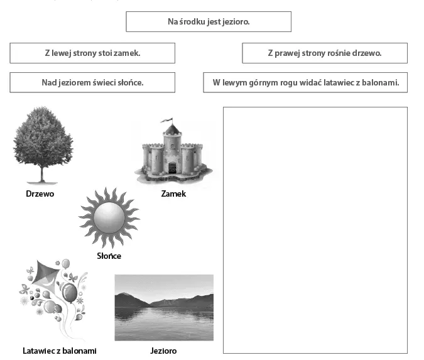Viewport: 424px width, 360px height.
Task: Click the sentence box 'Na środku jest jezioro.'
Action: pos(209,21)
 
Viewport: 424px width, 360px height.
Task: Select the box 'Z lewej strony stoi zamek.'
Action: pos(92,53)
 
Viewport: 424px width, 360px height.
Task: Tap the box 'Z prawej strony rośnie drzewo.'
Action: pos(324,53)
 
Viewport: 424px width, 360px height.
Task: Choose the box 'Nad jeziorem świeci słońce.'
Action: pos(92,82)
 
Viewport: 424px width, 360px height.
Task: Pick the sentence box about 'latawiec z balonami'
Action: pos(305,82)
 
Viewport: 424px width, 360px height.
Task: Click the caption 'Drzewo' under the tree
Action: pos(40,194)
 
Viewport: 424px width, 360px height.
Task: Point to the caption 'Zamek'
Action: pos(173,194)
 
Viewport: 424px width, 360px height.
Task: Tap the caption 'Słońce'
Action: pos(109,256)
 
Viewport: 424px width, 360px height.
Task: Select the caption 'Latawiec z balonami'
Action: pos(60,351)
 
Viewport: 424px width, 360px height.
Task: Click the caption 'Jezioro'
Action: pos(164,351)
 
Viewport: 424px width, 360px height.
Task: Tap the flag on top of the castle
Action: pos(166,119)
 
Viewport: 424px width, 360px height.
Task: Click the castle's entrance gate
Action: pos(172,168)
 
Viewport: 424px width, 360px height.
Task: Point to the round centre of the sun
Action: pos(109,217)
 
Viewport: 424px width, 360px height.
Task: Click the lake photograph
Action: pos(164,307)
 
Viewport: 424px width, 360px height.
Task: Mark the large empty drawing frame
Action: pos(315,230)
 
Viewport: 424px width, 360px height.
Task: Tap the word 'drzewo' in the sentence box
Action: pos(367,53)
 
